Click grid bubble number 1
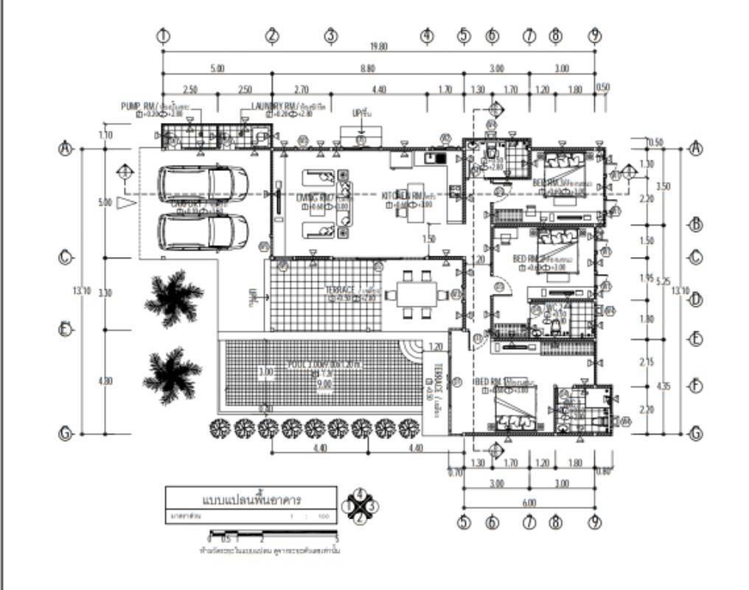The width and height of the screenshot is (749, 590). [163, 35]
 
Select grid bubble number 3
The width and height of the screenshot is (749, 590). [331, 35]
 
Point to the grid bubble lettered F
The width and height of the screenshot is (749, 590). [694, 386]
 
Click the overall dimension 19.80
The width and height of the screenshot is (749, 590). [379, 47]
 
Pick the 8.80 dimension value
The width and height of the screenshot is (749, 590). [368, 69]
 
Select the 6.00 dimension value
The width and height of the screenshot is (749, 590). [529, 502]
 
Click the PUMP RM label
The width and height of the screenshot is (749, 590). [137, 106]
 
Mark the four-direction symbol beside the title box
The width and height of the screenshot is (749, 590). [360, 506]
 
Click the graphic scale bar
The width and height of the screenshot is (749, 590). [273, 532]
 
